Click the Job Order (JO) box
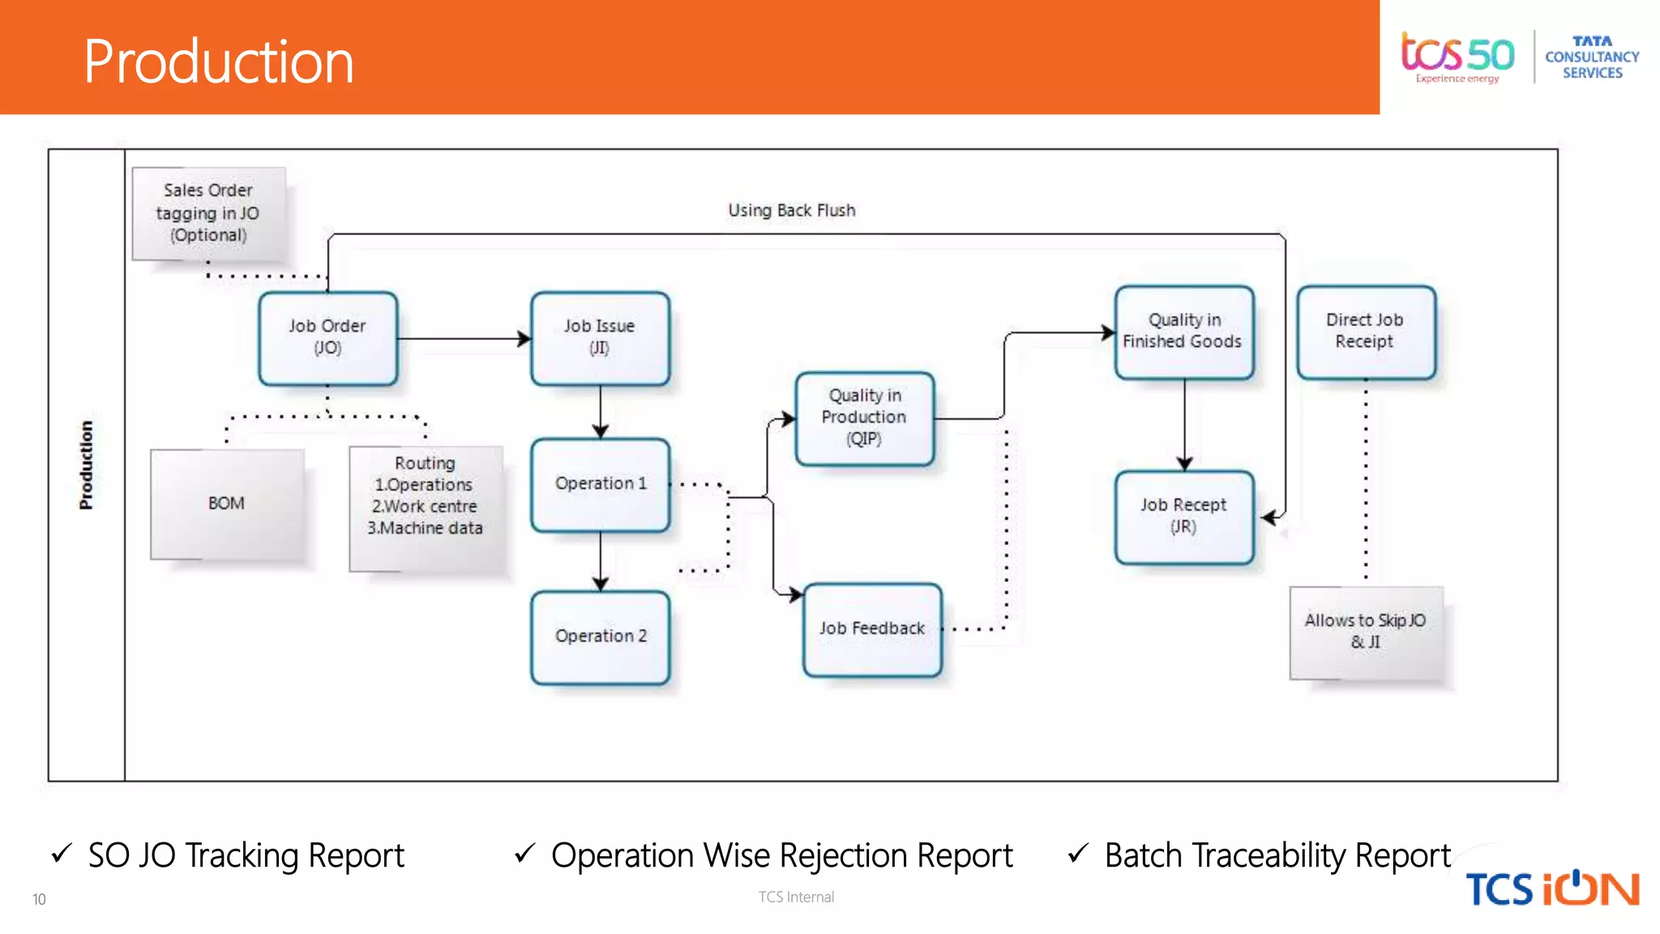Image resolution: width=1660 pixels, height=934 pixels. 327,338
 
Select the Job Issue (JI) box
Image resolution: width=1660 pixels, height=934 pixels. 600,338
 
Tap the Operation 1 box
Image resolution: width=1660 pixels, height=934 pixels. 600,484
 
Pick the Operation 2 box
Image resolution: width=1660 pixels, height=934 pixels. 600,637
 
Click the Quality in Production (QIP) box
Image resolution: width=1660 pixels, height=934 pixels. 864,418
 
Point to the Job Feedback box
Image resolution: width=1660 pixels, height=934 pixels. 872,629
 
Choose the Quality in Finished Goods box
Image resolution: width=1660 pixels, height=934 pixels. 1183,332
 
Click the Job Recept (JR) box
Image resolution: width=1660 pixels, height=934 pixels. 1183,516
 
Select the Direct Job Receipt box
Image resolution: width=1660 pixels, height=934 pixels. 1365,332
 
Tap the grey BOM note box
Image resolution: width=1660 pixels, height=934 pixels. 227,504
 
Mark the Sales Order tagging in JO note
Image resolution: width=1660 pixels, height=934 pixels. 208,213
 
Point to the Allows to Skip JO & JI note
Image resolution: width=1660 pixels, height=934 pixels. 1366,632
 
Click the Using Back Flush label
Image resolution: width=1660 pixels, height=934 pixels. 791,211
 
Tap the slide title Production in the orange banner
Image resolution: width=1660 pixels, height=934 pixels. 219,62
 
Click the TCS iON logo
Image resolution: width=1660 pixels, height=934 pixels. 1551,889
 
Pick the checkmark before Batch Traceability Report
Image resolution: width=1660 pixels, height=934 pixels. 1077,853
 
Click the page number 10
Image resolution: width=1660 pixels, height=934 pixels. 39,899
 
